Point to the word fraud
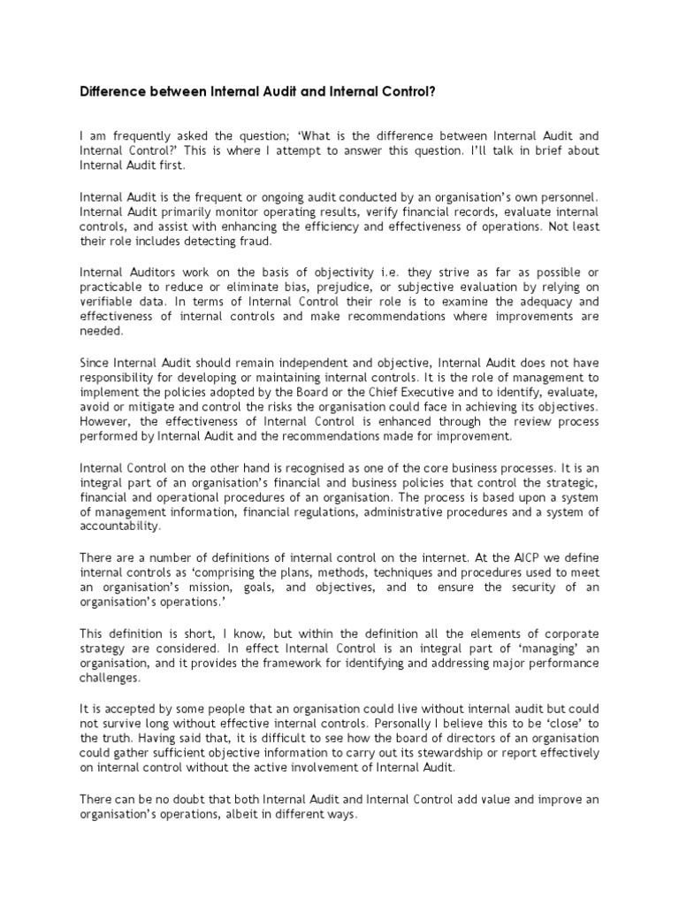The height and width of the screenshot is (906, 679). tap(254, 242)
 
